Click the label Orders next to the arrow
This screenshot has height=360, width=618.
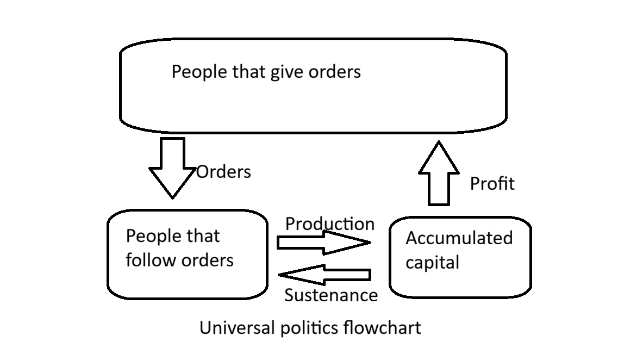tap(223, 172)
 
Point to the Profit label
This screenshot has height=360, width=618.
tap(492, 184)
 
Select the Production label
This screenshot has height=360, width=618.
tap(330, 224)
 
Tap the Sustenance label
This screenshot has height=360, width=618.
tap(331, 295)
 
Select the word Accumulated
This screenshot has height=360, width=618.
tap(459, 238)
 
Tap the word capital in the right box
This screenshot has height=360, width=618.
tap(433, 263)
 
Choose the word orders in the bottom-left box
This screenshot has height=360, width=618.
tap(208, 260)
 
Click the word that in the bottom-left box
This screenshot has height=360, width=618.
tap(203, 236)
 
